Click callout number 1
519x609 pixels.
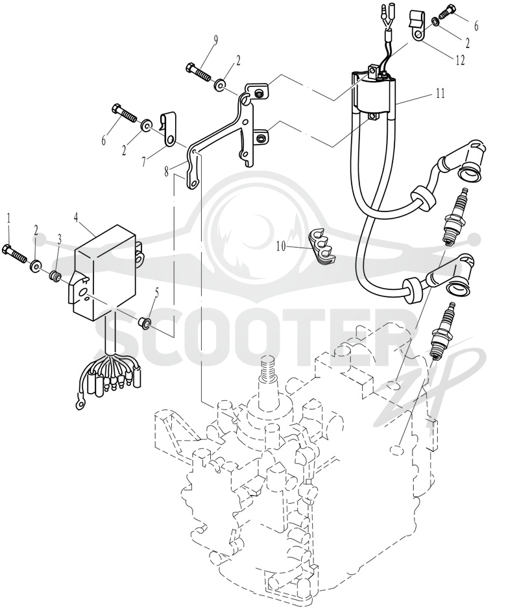point(9,219)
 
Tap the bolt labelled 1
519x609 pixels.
point(14,252)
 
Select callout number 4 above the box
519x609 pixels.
point(76,217)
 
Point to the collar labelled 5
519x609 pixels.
point(145,322)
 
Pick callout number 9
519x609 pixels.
point(215,40)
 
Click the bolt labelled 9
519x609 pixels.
point(199,71)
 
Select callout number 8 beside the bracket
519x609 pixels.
point(167,171)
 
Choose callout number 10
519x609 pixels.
point(282,246)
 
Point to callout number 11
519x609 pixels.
point(440,93)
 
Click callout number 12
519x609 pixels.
point(461,60)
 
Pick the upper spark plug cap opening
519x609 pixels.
point(471,171)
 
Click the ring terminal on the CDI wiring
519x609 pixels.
point(80,404)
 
